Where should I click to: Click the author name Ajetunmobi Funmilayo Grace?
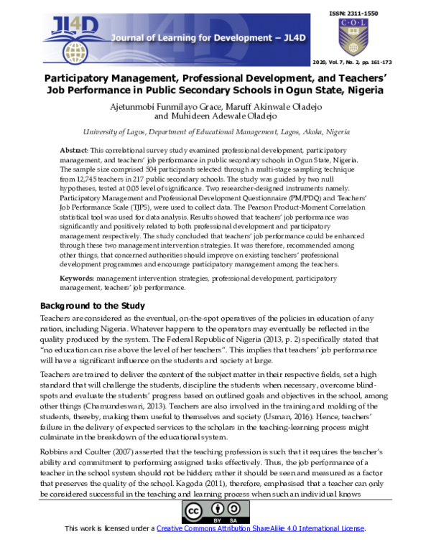(155, 106)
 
